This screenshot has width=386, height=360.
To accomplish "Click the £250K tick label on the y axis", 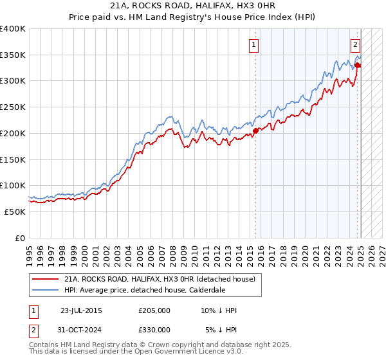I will click(x=14, y=107).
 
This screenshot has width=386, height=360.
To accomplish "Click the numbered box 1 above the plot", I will click(x=255, y=45).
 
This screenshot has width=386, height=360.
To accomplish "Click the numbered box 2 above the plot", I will click(x=355, y=45).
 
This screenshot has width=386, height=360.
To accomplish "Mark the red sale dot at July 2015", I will click(x=255, y=130).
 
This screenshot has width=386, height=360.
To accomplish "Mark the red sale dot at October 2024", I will click(x=358, y=65).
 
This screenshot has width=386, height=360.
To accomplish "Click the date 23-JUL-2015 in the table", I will click(x=81, y=310).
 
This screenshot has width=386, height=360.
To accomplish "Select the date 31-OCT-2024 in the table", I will click(x=82, y=330).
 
